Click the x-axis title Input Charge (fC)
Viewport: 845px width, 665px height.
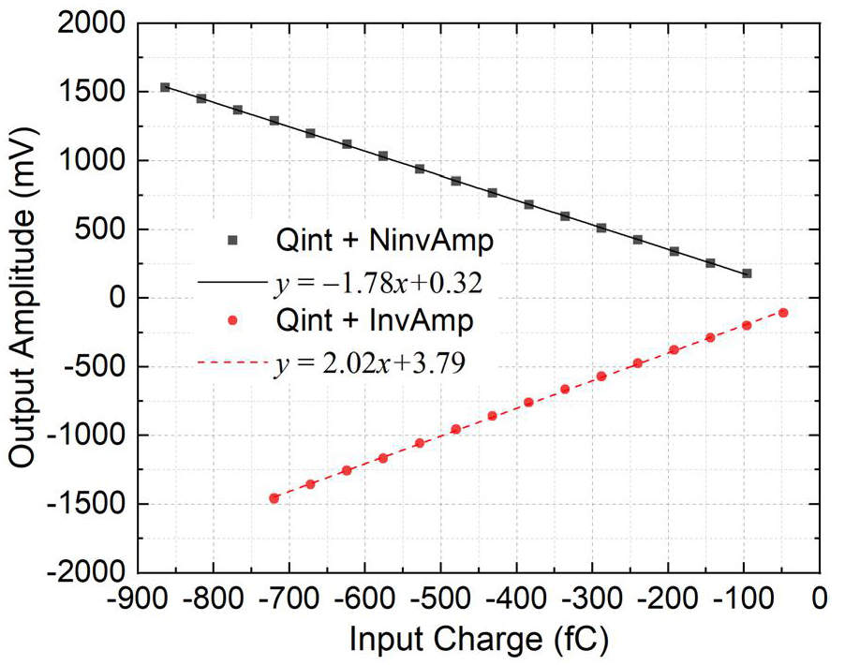(x=479, y=640)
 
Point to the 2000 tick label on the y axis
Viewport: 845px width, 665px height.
(x=96, y=23)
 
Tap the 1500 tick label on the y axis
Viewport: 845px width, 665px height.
(x=96, y=92)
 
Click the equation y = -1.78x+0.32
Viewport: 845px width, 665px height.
(x=365, y=282)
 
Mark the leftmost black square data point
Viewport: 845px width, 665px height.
(x=165, y=87)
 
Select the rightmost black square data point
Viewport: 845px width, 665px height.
(x=747, y=273)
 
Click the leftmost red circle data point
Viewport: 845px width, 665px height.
(x=274, y=498)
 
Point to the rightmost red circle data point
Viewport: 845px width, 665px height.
(x=783, y=313)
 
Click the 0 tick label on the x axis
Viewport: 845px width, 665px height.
(x=820, y=598)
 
